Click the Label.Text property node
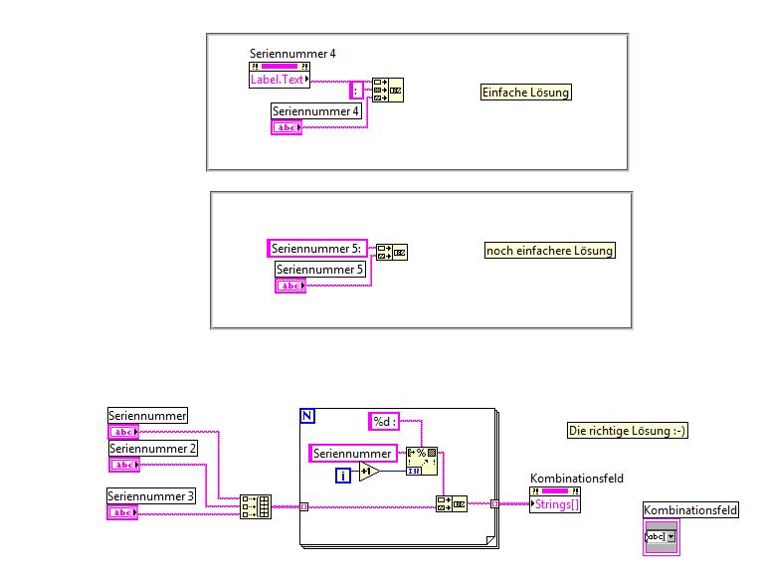coord(279,80)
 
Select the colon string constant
coord(357,90)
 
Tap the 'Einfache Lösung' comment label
coord(526,93)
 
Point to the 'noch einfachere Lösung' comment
coord(549,251)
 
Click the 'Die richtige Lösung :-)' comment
coord(628,431)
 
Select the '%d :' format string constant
coord(385,422)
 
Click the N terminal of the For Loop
coord(307,415)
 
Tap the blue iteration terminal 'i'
coord(343,475)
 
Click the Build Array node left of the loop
coord(256,506)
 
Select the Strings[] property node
coord(556,503)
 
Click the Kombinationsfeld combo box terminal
coord(662,537)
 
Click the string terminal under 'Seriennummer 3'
coord(122,511)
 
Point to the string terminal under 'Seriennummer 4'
coord(286,127)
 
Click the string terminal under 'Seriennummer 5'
coord(290,286)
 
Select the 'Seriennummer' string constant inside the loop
coord(353,454)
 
